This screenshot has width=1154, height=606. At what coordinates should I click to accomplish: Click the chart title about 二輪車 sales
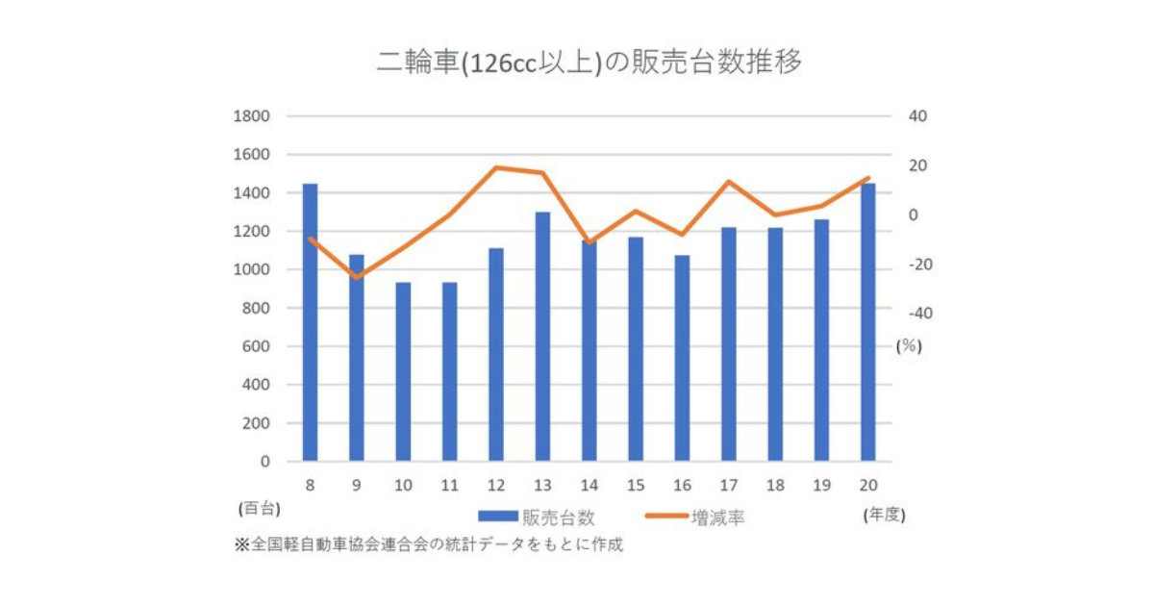589,63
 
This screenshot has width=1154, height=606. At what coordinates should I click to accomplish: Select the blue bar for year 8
310,322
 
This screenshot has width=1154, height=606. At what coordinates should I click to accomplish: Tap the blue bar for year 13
542,337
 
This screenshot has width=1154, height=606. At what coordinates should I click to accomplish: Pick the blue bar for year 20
867,322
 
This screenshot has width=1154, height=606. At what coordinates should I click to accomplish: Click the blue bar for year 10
403,372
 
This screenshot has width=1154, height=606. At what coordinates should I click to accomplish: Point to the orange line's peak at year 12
496,167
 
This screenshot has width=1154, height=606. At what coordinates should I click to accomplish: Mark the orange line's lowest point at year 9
357,278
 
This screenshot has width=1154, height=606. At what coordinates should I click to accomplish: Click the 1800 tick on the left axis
251,116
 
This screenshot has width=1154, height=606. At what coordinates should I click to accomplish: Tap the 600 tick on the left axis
256,346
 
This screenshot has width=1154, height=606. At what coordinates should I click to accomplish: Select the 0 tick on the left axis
264,462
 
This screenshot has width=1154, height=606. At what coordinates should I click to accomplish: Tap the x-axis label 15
635,486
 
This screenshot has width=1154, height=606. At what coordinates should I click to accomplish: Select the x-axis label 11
449,486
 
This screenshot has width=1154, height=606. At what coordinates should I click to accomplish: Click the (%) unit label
909,347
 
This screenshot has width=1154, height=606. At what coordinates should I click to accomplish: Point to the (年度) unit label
884,515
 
